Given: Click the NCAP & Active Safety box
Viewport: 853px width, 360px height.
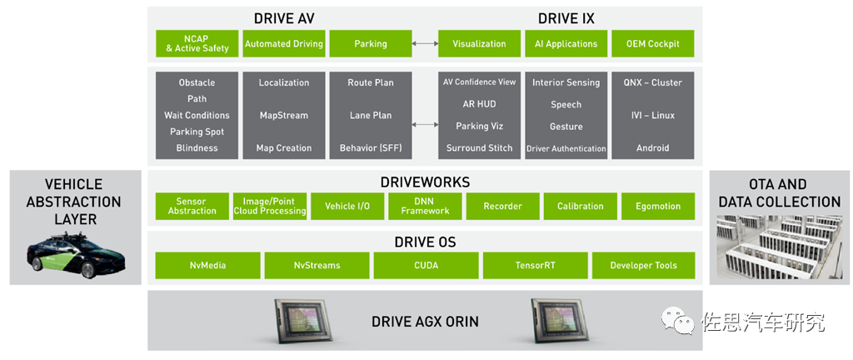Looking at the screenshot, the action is [x=197, y=43].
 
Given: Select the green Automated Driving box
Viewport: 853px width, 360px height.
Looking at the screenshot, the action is [x=283, y=43].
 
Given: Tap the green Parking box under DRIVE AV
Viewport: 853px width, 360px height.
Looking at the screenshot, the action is [x=371, y=43].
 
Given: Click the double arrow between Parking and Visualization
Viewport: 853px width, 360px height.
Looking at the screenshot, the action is [x=425, y=43].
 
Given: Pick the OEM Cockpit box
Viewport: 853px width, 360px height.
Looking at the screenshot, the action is [x=653, y=43].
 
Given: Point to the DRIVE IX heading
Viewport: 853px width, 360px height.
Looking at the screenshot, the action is [x=566, y=18].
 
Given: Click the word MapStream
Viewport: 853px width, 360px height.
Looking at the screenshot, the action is [x=284, y=115].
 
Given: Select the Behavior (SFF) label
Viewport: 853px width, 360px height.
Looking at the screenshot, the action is [x=371, y=147].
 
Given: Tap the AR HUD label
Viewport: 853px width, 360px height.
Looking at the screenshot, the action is [x=479, y=104].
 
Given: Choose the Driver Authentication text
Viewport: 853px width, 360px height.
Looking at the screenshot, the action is [x=566, y=148].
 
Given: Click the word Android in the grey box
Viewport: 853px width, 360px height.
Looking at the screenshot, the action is [x=653, y=147].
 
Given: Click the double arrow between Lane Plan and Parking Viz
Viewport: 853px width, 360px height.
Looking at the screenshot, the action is [x=425, y=124].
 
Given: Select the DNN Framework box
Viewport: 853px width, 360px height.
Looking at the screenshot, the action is [x=425, y=206].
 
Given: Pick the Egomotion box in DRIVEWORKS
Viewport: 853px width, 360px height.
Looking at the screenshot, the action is [x=658, y=206].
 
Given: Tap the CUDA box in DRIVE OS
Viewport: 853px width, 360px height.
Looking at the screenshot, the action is [x=426, y=265].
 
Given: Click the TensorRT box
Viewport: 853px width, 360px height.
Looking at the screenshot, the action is [x=536, y=265].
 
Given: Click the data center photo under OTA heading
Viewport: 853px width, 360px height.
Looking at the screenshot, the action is [x=780, y=247].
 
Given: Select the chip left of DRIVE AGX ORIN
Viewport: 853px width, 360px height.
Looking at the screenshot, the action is [x=302, y=322].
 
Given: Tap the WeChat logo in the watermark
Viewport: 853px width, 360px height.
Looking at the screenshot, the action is [x=678, y=321].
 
